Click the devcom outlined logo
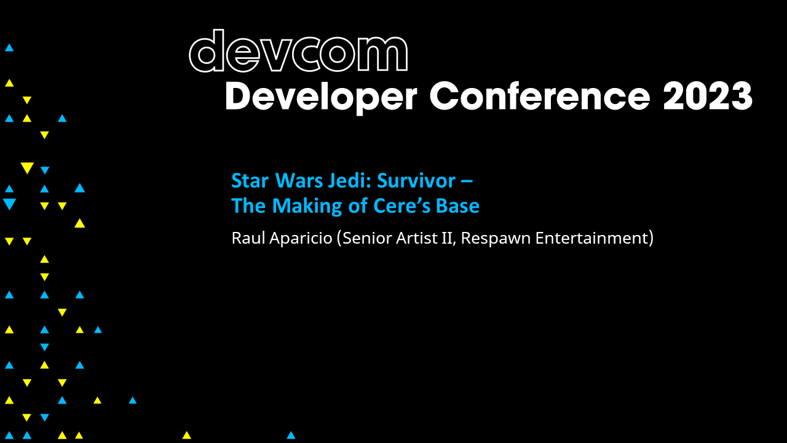[x=298, y=52]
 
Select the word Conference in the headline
[x=539, y=97]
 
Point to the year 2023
[x=708, y=97]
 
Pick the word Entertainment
[x=591, y=238]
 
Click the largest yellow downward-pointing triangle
[x=27, y=168]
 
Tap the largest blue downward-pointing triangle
[x=9, y=204]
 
